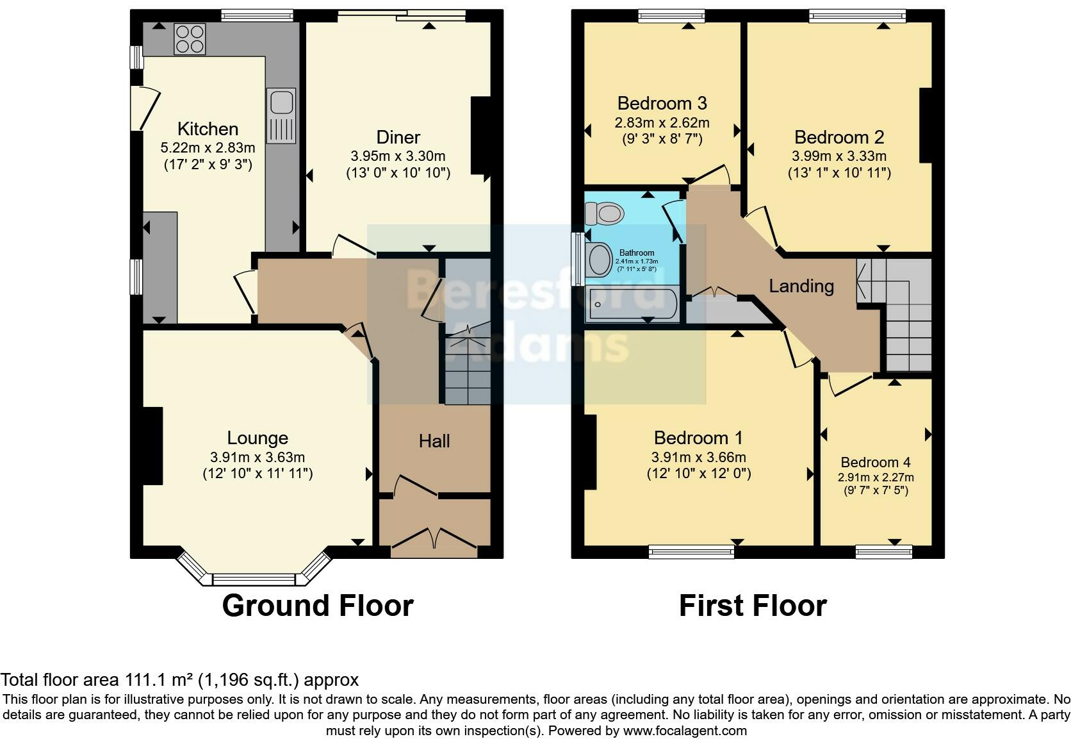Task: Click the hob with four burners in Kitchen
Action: pos(190,38)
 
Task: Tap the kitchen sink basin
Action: pos(281,103)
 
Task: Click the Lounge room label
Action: pos(258,438)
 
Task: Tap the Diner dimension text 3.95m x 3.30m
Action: pos(398,156)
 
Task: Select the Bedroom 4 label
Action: pos(876,462)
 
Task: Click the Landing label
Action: pos(801,286)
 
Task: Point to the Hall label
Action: pos(434,441)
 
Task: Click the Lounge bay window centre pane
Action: pos(254,579)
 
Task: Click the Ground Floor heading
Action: pos(318,606)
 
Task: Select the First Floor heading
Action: pos(753,606)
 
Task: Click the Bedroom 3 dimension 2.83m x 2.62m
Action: pos(662,122)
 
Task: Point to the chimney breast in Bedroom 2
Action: pos(926,125)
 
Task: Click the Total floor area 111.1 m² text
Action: pos(179,680)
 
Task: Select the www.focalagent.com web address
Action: pos(684,731)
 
